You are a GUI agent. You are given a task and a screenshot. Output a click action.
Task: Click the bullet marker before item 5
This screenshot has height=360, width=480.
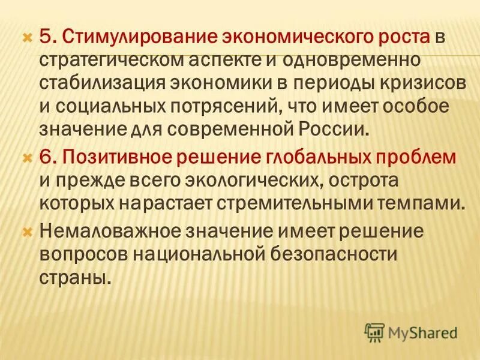pyautogui.click(x=26, y=37)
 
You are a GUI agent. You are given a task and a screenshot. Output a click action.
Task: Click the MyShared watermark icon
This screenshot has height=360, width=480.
pyautogui.click(x=374, y=331)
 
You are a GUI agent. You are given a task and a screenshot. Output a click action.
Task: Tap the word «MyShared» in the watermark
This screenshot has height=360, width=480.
pyautogui.click(x=422, y=332)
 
